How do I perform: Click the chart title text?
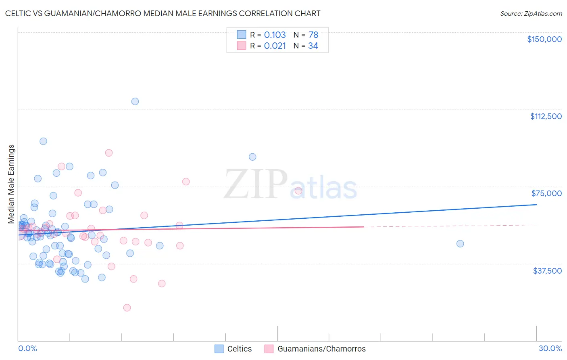coord(163,13)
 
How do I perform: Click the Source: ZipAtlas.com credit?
coord(531,13)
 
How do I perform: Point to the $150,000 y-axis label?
coord(544,39)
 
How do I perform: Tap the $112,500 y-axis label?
coord(546,116)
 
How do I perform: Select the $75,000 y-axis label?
coord(546,193)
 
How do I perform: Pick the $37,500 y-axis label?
coord(547,271)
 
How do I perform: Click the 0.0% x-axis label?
coord(27,348)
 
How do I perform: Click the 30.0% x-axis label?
coord(550,348)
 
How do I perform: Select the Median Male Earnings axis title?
coord(11,184)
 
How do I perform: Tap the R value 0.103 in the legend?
coord(275,35)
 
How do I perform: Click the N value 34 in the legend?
coord(313,46)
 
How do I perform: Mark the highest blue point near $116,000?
coord(135,101)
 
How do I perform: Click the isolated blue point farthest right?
coord(460,244)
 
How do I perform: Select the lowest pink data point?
coord(127,308)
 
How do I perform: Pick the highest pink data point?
coord(109,153)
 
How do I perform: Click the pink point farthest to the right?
coord(298,191)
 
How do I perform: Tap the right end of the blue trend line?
coord(536,205)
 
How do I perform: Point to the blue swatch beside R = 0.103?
coord(242,35)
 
